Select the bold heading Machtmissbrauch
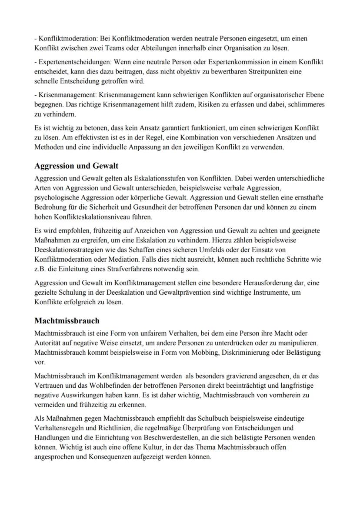(x=67, y=321)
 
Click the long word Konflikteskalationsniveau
(x=89, y=216)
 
